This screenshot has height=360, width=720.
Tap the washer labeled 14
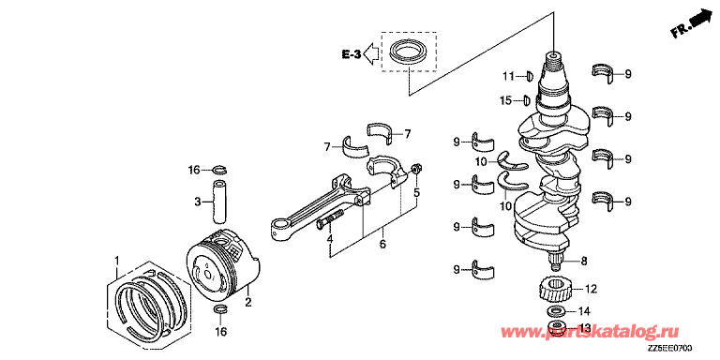pyautogui.click(x=556, y=311)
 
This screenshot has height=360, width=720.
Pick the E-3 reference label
pyautogui.click(x=352, y=54)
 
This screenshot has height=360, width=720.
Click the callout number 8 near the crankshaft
pyautogui.click(x=584, y=262)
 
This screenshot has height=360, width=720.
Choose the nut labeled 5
pyautogui.click(x=415, y=169)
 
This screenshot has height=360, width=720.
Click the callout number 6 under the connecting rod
pyautogui.click(x=382, y=244)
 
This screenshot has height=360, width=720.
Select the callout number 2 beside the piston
pyautogui.click(x=247, y=302)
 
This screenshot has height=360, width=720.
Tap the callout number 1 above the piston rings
pyautogui.click(x=116, y=261)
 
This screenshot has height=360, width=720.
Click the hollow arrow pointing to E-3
pyautogui.click(x=370, y=54)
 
